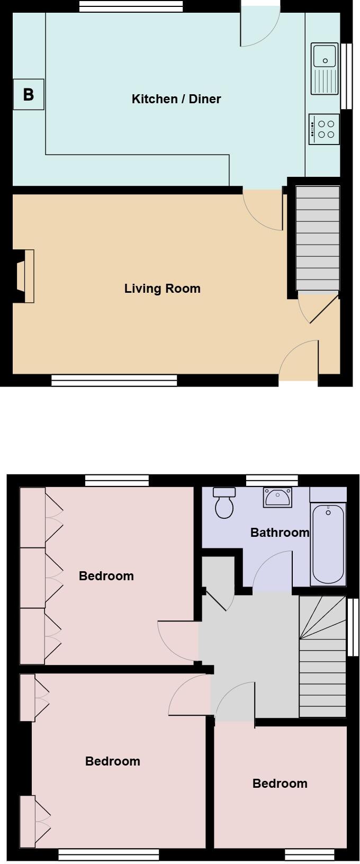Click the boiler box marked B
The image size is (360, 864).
(x=28, y=95)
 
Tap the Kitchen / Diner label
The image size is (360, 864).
(x=176, y=99)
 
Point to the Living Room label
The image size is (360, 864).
(x=162, y=289)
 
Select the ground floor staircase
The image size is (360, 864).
(x=317, y=238)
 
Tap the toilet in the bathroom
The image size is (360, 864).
(x=224, y=503)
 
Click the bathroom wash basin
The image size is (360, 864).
(x=277, y=497)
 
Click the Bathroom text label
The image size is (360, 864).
(x=280, y=533)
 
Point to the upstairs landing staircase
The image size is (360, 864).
(x=322, y=656)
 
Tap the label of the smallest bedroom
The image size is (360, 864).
(x=280, y=784)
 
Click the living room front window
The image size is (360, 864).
(x=114, y=380)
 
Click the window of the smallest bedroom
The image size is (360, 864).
(x=309, y=854)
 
